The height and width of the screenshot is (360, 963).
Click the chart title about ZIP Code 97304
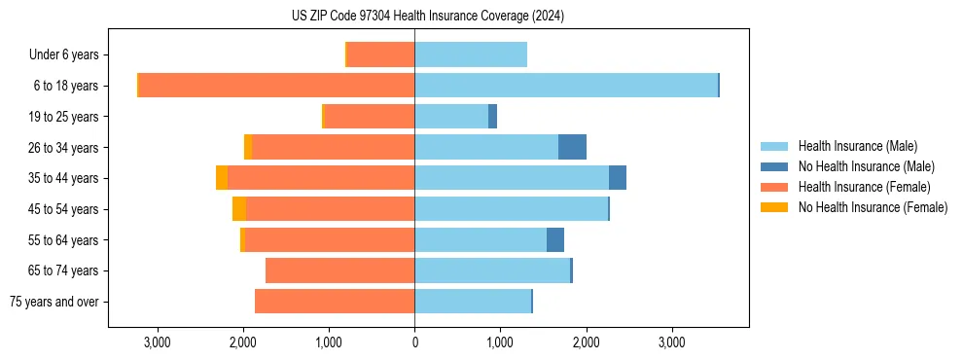pyautogui.click(x=428, y=17)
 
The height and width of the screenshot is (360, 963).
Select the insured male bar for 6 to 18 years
pyautogui.click(x=566, y=86)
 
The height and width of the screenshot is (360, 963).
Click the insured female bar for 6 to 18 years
pyautogui.click(x=276, y=86)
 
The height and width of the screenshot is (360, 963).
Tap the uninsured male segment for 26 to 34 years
pyautogui.click(x=572, y=147)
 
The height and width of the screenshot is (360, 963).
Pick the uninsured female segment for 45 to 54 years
pyautogui.click(x=239, y=209)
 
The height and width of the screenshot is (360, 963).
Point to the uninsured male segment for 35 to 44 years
pyautogui.click(x=618, y=178)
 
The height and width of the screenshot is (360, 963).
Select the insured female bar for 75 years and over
pyautogui.click(x=335, y=302)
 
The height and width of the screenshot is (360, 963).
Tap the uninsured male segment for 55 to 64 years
pyautogui.click(x=555, y=240)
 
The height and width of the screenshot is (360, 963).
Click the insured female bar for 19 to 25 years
pyautogui.click(x=369, y=117)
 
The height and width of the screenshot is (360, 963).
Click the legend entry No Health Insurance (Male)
pyautogui.click(x=866, y=166)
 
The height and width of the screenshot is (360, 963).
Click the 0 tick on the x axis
pyautogui.click(x=414, y=342)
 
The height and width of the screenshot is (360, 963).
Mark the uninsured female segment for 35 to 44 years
pyautogui.click(x=222, y=178)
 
